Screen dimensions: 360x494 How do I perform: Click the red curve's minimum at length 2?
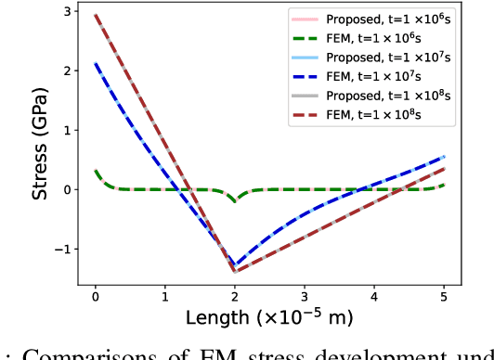pyautogui.click(x=234, y=271)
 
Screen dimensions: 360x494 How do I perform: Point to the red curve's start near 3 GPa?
pyautogui.click(x=96, y=15)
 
